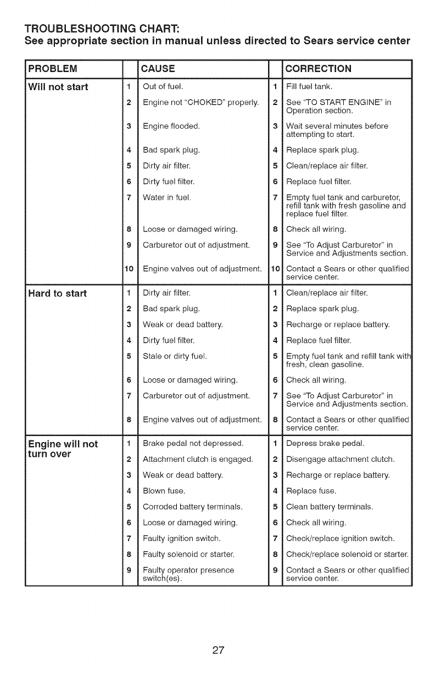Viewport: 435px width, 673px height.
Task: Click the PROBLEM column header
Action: point(52,69)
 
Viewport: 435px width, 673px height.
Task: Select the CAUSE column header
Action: point(158,69)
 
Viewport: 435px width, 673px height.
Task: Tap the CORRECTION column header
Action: point(319,69)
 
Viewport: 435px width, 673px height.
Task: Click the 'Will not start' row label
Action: point(59,87)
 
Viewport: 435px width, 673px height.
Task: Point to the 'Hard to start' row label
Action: point(58,293)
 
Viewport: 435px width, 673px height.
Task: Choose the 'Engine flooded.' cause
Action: point(171,126)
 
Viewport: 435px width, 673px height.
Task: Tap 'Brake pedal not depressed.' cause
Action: point(193,443)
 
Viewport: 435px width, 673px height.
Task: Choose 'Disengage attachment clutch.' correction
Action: point(341,459)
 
